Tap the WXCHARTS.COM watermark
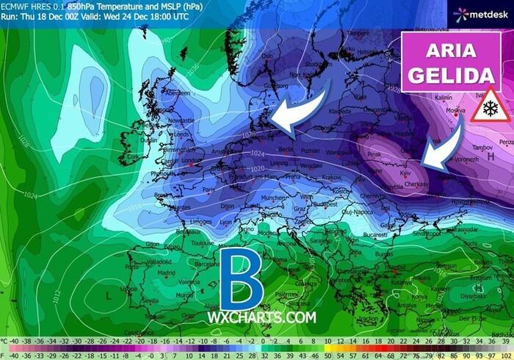pos(261,318)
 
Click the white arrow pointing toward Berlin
pos(297,114)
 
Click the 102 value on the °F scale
pos(506,355)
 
